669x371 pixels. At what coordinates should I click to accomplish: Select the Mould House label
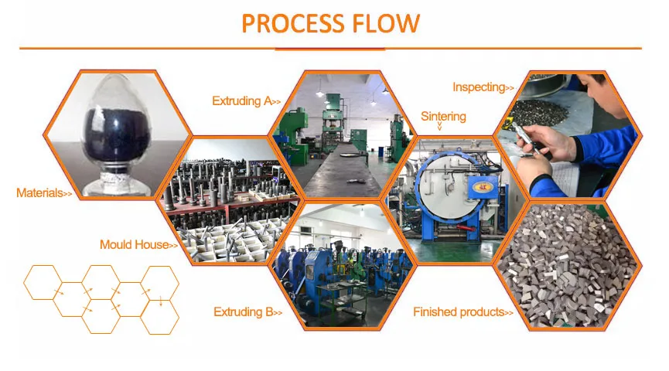134,245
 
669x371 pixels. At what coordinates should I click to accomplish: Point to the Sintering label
443,117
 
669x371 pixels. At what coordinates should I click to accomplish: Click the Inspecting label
479,87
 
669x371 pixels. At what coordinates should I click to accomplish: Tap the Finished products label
457,312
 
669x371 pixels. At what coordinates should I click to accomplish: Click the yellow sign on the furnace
483,186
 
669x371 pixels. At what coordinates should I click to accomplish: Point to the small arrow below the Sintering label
442,128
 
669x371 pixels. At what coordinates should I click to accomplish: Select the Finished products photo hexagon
568,267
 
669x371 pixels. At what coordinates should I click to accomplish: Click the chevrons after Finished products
508,313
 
